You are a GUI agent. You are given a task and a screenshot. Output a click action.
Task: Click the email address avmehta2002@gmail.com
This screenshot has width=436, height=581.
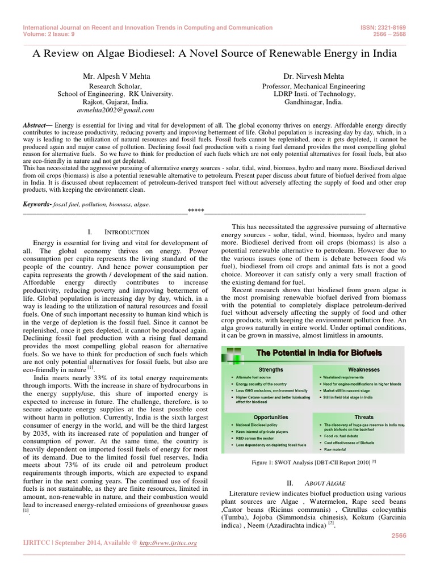pos(116,110)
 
